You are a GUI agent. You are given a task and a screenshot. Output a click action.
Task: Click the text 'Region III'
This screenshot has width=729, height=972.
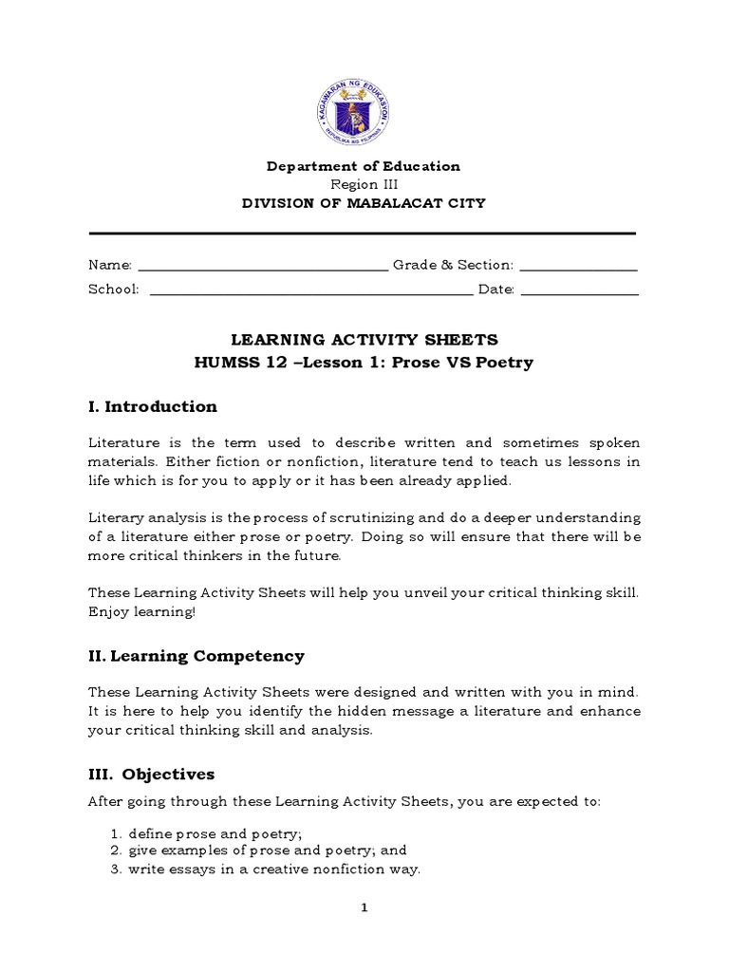(x=364, y=184)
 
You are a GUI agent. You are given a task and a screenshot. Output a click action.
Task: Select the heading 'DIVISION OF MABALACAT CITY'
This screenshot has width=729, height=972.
(x=364, y=202)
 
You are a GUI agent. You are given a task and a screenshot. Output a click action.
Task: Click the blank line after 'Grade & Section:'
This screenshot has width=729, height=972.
(x=579, y=267)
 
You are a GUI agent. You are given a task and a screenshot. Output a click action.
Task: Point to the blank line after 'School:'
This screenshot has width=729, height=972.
(x=311, y=290)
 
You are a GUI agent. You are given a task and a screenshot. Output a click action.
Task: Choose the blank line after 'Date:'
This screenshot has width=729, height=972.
(x=580, y=290)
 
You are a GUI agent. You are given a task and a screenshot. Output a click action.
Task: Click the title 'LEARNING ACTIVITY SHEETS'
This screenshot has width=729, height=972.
(x=364, y=340)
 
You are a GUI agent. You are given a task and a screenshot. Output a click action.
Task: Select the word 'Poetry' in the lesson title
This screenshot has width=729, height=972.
(x=508, y=363)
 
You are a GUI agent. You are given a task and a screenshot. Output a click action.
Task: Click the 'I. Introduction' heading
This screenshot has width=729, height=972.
(x=153, y=407)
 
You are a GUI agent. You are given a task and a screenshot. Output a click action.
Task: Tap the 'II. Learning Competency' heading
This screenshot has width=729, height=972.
(x=196, y=656)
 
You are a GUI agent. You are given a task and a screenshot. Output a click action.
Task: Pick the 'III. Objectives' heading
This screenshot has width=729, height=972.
(x=152, y=775)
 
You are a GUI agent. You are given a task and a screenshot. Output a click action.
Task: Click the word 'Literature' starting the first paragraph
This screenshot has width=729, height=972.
(x=119, y=443)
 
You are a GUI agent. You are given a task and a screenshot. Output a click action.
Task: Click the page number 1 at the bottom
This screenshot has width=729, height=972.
(x=364, y=907)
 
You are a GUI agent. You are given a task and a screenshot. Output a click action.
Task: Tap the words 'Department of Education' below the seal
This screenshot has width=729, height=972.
(x=364, y=167)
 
